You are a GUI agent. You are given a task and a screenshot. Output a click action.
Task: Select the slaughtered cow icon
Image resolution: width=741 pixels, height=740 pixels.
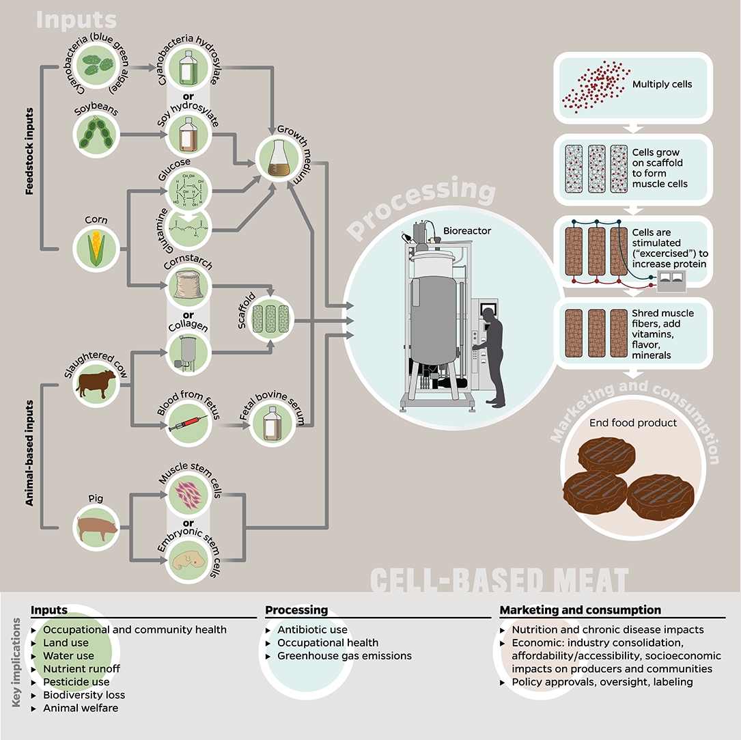(x=96, y=384)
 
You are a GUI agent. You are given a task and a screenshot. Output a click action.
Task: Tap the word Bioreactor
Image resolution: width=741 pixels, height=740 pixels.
(x=466, y=231)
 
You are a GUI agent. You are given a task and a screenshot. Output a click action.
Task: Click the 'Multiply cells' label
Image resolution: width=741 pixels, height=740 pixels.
(x=662, y=84)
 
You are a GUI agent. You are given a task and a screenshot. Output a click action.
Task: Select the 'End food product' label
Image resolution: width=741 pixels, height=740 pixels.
(x=633, y=423)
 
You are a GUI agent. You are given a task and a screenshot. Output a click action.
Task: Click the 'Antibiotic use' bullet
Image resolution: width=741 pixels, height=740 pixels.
(x=312, y=629)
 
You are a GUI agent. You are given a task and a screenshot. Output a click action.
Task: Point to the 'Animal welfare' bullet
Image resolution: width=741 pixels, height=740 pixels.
(x=81, y=708)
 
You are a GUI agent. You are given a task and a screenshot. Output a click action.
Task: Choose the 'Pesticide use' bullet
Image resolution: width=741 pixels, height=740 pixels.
(x=76, y=682)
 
